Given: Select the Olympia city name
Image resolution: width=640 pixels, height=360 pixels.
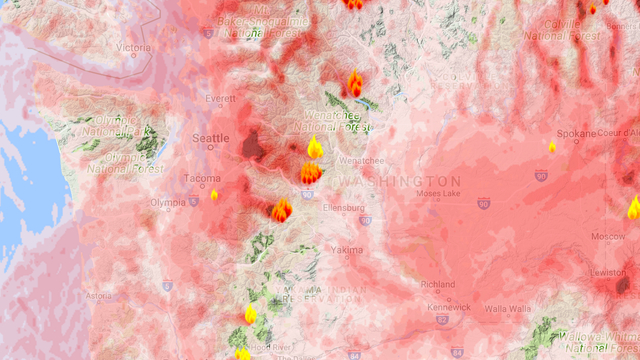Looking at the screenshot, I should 167,201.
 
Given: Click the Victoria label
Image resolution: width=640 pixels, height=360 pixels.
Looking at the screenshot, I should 134,47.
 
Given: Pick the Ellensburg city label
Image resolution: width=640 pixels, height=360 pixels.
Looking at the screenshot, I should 344,207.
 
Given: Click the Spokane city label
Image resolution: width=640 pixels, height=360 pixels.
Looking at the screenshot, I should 579,133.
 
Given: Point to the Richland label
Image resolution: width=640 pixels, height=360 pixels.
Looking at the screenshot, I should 436,284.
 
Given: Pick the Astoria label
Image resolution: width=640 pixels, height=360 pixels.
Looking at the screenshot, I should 99,296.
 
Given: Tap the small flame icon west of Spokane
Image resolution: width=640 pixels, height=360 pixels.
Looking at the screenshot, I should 552,147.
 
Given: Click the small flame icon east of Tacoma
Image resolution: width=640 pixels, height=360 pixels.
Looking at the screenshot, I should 214,194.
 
